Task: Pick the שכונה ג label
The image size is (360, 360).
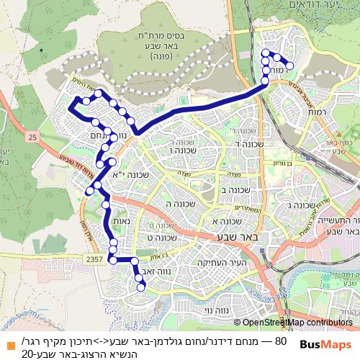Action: [x=300, y=207]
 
